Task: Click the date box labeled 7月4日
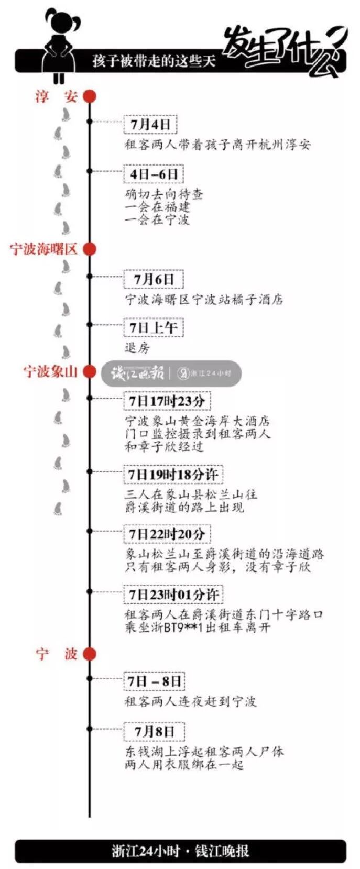point(150,125)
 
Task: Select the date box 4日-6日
point(154,174)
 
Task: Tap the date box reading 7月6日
point(153,279)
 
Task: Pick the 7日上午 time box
point(153,328)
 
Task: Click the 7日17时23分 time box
point(167,401)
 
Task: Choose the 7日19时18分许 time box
point(172,475)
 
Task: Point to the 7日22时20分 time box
point(167,534)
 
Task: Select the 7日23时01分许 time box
point(173,595)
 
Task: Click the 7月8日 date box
point(154,731)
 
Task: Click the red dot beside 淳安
point(90,96)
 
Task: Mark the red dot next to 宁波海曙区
point(90,249)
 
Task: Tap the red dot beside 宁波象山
point(90,371)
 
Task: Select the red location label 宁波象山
point(50,371)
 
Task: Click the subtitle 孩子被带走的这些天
point(154,61)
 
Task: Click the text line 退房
point(137,348)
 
